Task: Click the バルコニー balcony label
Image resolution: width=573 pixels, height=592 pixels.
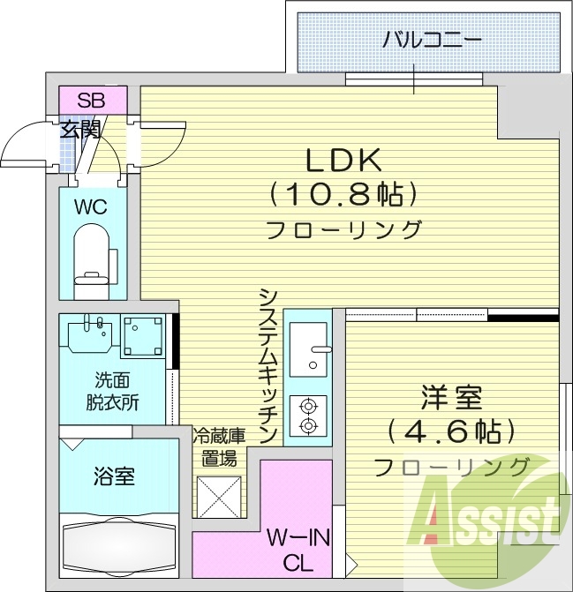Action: (x=432, y=40)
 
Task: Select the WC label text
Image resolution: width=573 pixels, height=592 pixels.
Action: (x=91, y=208)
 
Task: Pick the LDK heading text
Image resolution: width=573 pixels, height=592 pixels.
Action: (x=343, y=160)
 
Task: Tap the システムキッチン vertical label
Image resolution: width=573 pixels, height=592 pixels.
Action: (x=270, y=364)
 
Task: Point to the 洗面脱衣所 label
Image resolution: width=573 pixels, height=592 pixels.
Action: (x=112, y=393)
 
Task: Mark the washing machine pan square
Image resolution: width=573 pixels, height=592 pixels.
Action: (x=142, y=336)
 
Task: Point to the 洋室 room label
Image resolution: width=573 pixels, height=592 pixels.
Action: (x=451, y=398)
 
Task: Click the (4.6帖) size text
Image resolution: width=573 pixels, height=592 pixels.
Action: (x=450, y=431)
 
